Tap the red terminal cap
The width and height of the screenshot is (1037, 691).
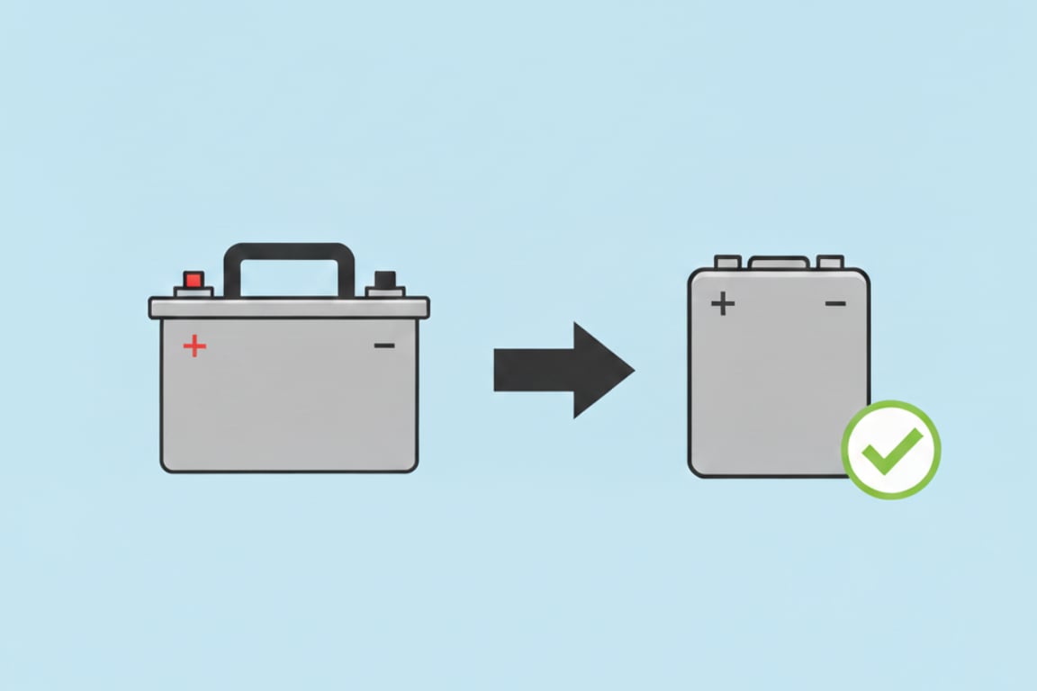click(194, 279)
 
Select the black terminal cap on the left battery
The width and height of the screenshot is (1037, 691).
click(384, 279)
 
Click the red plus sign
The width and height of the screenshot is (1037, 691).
click(194, 345)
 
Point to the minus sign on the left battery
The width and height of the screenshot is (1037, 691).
click(384, 345)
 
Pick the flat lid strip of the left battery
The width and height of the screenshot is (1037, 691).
click(289, 308)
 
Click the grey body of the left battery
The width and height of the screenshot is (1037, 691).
click(289, 405)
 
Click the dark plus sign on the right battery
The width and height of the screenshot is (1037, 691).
click(722, 303)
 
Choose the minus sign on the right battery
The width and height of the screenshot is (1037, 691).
click(835, 303)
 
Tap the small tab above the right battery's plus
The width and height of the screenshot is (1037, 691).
click(727, 262)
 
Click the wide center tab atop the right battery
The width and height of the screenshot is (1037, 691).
click(779, 262)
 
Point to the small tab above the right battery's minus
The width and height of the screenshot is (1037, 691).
click(830, 262)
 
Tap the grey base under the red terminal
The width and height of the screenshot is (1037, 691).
click(194, 292)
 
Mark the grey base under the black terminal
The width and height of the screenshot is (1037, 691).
click(384, 292)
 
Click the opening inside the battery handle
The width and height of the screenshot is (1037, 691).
click(288, 279)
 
